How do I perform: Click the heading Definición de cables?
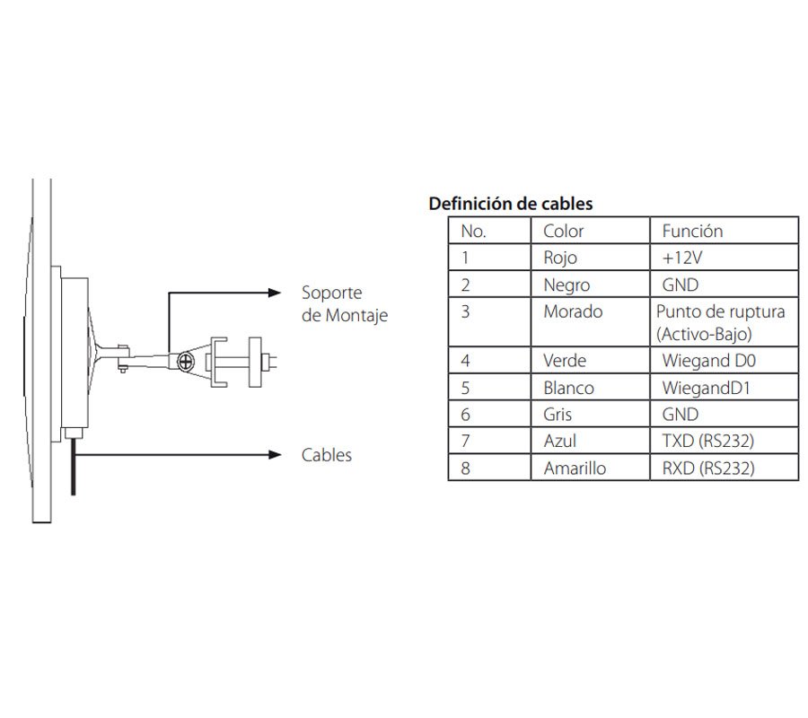(x=510, y=204)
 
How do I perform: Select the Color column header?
(x=564, y=231)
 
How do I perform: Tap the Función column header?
(x=692, y=231)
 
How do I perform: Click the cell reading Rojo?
(x=560, y=258)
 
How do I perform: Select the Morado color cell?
(x=573, y=312)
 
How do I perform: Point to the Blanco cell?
(x=568, y=388)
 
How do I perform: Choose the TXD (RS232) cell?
(x=707, y=442)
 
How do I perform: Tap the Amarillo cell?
(x=575, y=468)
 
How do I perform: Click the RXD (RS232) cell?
(x=707, y=468)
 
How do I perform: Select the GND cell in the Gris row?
(x=680, y=415)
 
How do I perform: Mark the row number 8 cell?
(x=465, y=468)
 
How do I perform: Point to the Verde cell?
(x=565, y=361)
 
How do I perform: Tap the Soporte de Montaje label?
(x=345, y=304)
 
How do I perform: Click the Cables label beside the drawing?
(x=327, y=455)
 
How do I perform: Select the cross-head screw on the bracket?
(x=186, y=361)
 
